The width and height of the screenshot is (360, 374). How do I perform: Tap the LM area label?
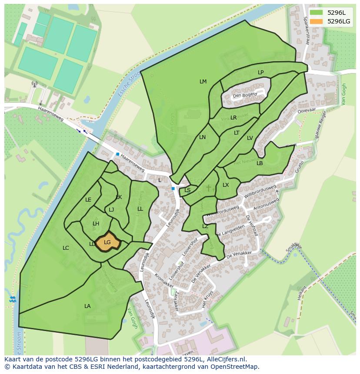click(203, 82)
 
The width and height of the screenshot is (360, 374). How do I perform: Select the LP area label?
click(260, 73)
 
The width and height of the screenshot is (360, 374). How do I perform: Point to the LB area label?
click(260, 163)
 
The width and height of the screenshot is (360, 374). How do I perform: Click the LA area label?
click(87, 306)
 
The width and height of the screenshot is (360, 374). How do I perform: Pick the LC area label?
click(66, 248)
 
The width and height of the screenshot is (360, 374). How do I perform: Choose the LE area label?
click(88, 200)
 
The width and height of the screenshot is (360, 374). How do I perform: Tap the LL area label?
click(140, 209)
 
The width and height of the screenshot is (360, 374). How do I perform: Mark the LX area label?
click(226, 185)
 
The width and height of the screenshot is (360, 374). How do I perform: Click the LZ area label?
click(205, 226)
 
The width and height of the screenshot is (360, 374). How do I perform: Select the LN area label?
click(202, 137)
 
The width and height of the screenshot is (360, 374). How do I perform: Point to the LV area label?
click(250, 138)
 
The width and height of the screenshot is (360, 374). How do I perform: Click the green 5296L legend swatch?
click(316, 13)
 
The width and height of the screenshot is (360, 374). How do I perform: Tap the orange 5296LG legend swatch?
click(316, 21)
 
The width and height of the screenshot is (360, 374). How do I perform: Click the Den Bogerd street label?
click(245, 95)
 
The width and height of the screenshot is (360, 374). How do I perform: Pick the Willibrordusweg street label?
click(260, 192)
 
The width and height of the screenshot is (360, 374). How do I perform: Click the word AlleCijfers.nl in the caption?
click(226, 359)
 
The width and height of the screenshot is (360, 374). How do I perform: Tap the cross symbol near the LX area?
click(209, 188)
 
